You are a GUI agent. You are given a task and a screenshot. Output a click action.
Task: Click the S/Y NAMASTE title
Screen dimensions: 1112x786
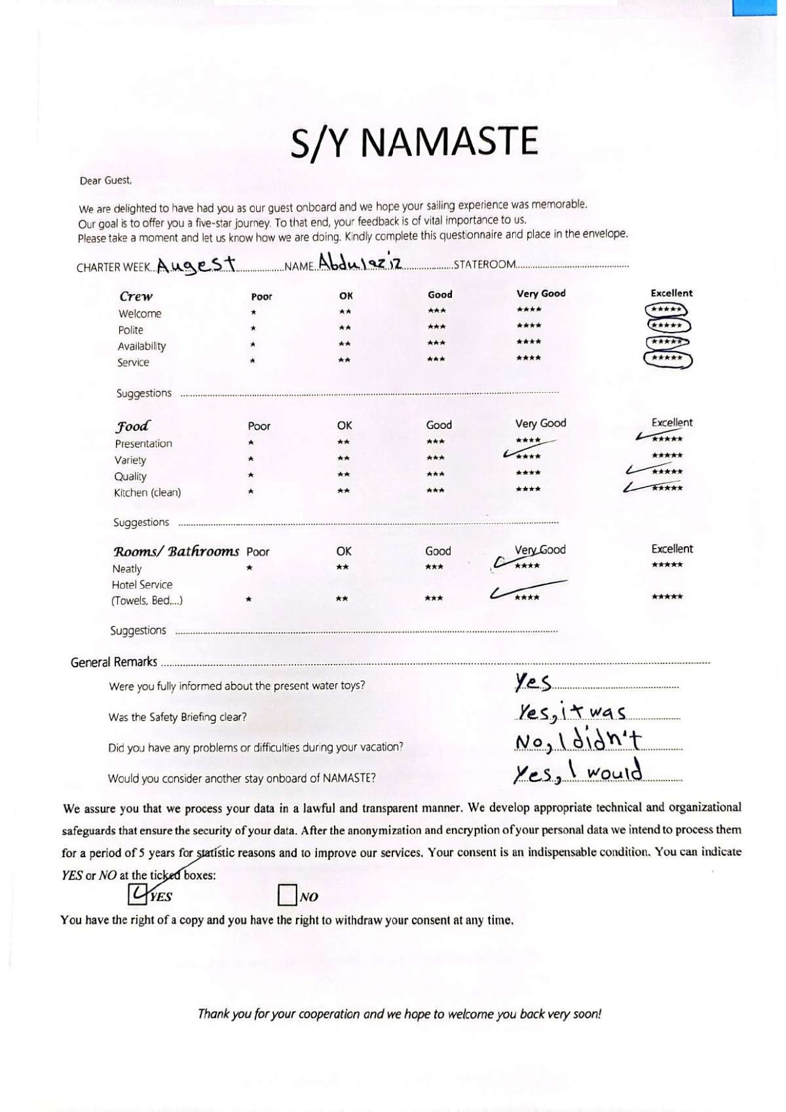point(414,142)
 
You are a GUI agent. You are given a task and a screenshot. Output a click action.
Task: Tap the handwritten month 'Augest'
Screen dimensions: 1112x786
point(196,265)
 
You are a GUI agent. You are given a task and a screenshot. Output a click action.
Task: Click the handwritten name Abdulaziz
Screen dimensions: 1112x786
point(360,262)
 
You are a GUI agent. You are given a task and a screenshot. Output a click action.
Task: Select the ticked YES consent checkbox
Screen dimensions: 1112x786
point(138,894)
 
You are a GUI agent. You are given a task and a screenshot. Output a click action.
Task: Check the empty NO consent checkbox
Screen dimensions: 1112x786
point(287,895)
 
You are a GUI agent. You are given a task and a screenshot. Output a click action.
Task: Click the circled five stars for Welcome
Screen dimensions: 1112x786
point(667,310)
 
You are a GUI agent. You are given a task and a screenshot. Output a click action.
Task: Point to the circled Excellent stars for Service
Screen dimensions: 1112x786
point(667,359)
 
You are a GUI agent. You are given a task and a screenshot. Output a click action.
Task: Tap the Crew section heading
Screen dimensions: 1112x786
point(136,296)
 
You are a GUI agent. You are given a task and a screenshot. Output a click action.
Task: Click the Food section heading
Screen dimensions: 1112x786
point(133,426)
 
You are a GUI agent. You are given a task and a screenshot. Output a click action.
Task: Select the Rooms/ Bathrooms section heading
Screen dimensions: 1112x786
point(176,551)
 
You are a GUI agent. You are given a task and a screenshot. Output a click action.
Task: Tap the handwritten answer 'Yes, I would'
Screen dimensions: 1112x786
point(577,773)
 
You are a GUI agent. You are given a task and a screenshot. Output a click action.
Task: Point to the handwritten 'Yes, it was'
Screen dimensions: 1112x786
point(572,712)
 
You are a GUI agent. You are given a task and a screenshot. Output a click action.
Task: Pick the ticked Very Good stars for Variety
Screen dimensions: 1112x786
point(528,456)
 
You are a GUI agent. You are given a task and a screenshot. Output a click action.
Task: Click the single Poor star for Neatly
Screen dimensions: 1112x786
point(250,568)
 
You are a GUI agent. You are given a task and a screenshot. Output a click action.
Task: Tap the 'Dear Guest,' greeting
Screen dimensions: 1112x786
point(105,180)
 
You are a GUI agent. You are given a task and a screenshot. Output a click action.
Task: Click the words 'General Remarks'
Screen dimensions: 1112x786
point(113,662)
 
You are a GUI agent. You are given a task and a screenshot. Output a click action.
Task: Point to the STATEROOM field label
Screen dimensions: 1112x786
point(485,265)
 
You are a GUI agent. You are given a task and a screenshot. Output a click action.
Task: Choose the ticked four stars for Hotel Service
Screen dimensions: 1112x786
point(527,597)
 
